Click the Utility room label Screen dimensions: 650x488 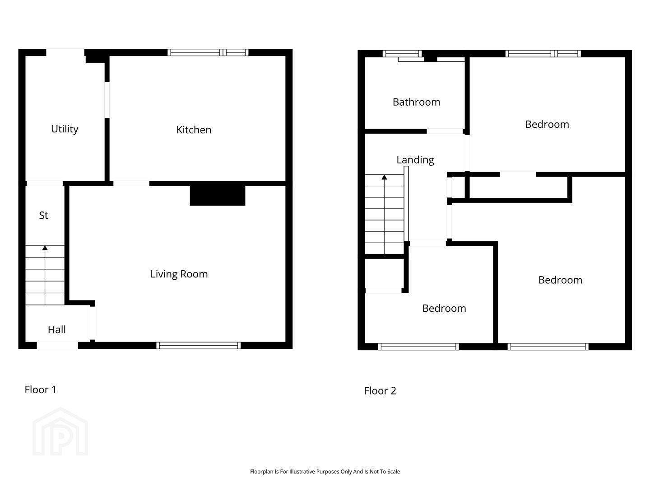click(x=65, y=129)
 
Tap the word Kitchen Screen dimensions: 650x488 click(x=194, y=130)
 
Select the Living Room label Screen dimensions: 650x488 click(x=179, y=274)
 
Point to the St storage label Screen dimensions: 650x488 click(x=43, y=216)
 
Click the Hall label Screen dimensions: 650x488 click(x=56, y=329)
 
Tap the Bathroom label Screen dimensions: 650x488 click(x=416, y=102)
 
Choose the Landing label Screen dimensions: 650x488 click(x=415, y=160)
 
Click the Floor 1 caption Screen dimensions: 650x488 click(x=40, y=389)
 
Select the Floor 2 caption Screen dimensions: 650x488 click(x=380, y=391)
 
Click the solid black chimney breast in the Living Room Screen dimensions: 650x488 click(x=218, y=195)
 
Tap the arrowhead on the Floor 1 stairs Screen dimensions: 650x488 click(x=45, y=248)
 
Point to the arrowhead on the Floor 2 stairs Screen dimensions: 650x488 click(x=384, y=177)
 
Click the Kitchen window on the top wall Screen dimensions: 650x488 click(x=208, y=52)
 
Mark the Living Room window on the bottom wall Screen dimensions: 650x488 click(x=199, y=346)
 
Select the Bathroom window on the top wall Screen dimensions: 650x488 click(x=402, y=54)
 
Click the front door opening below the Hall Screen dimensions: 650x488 click(x=57, y=346)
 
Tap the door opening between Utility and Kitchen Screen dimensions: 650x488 click(x=107, y=100)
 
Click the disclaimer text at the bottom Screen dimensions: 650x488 click(x=325, y=471)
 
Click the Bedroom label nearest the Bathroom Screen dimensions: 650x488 click(x=547, y=124)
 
